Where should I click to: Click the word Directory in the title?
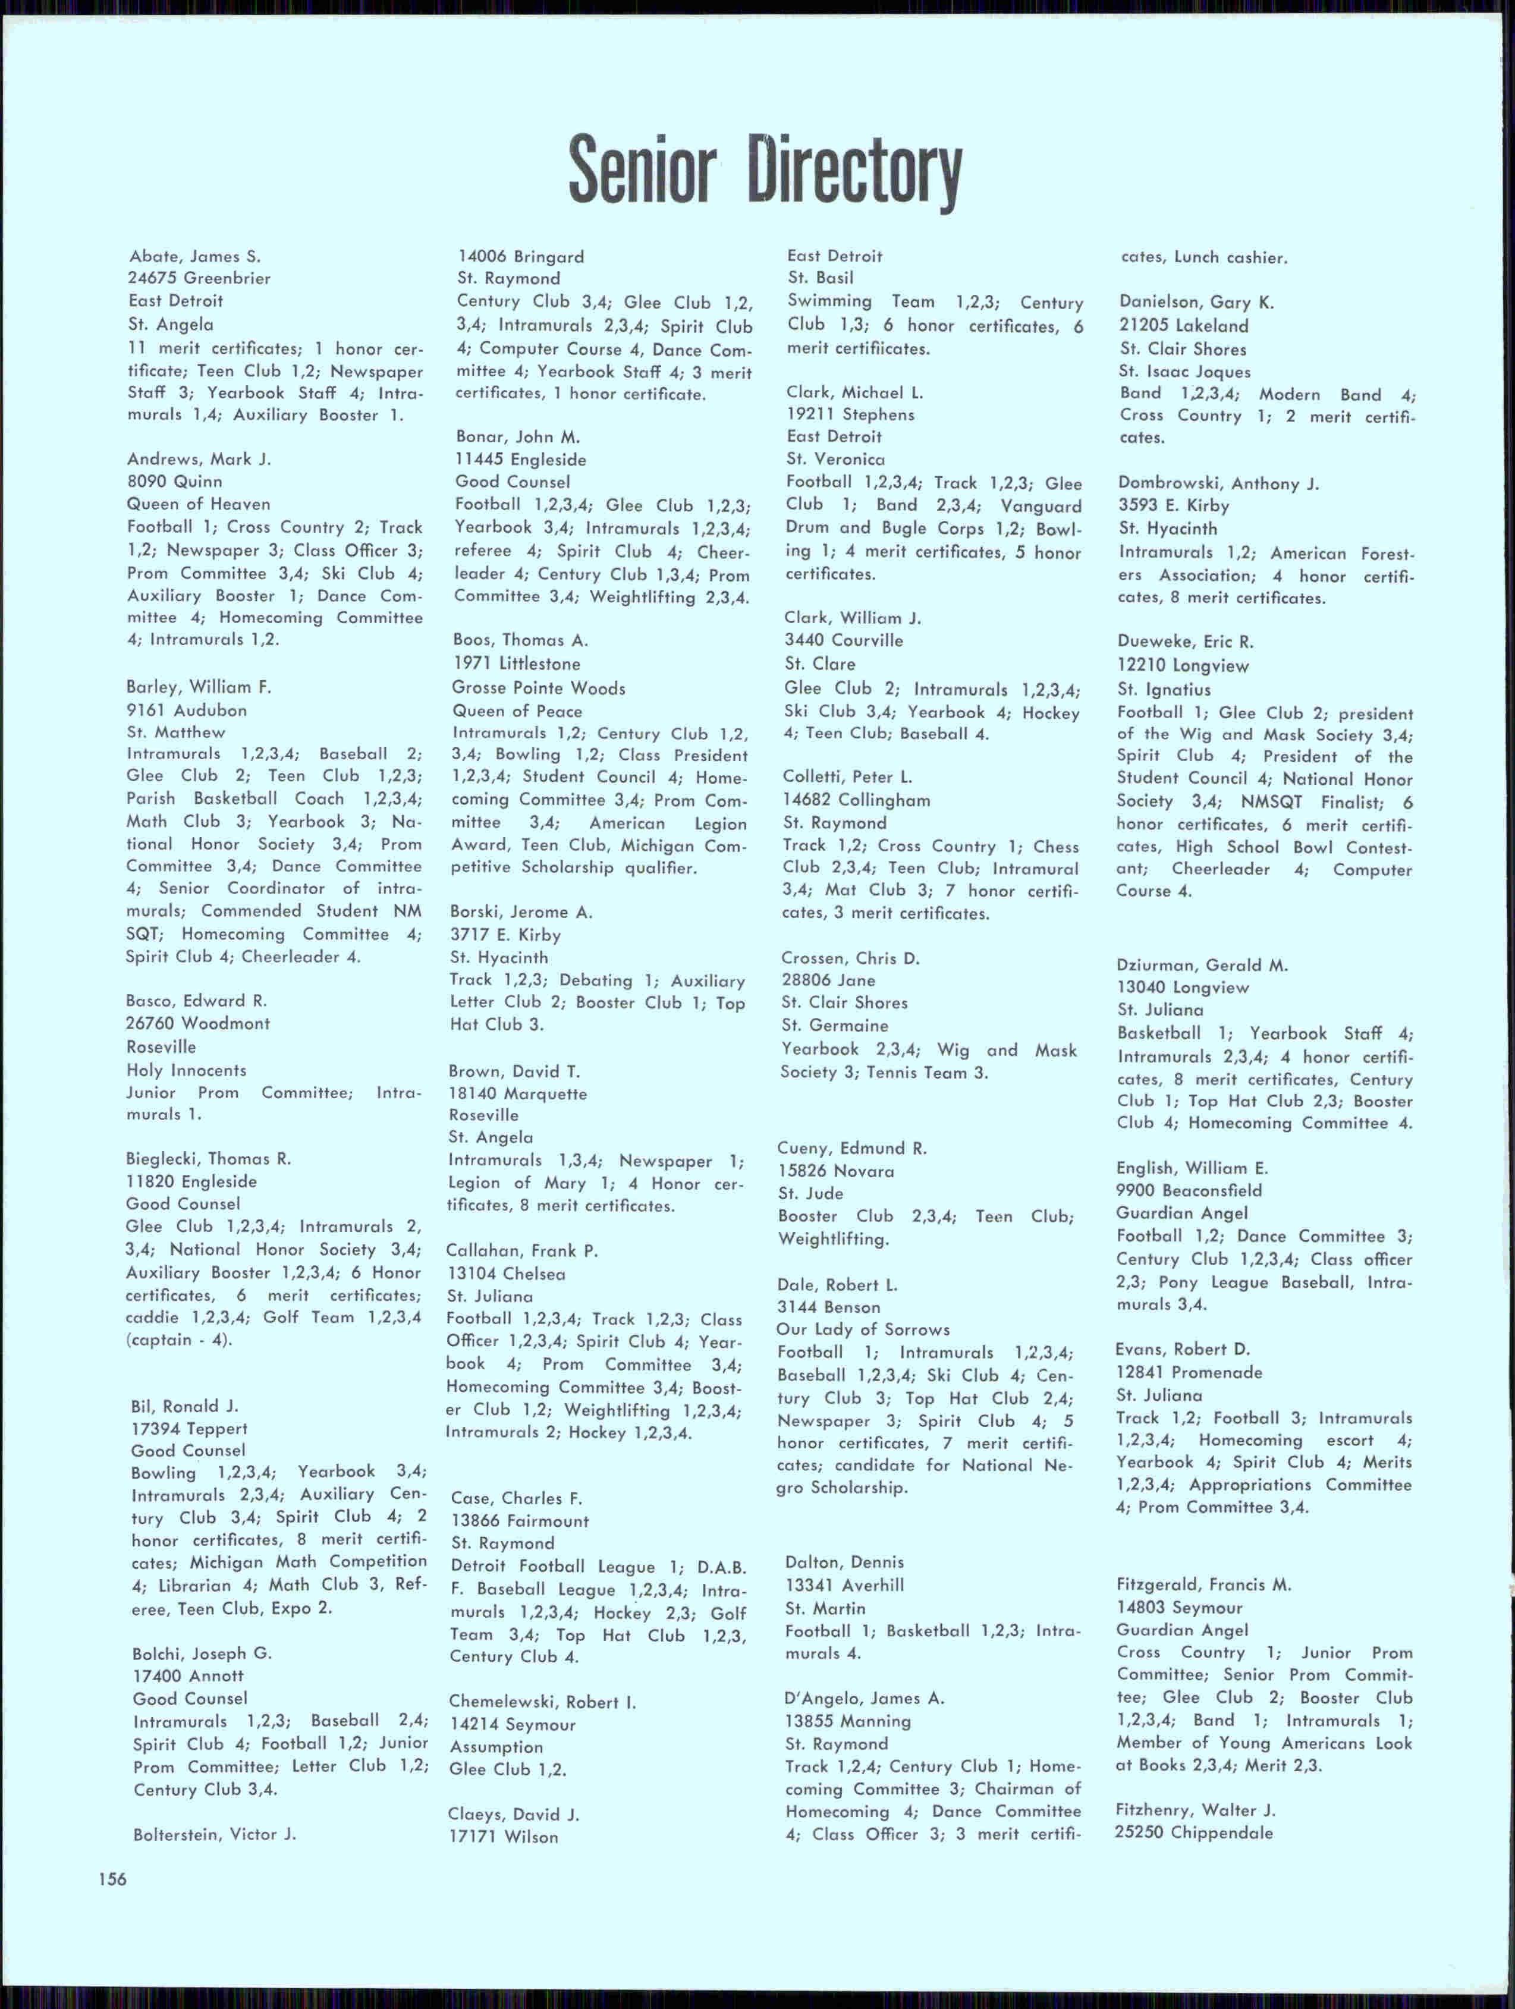pos(854,171)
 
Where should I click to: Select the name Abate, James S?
pos(195,256)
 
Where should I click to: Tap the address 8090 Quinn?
pos(174,482)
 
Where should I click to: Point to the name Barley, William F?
pos(199,687)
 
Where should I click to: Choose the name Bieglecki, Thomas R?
pos(209,1158)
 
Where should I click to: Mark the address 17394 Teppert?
pos(189,1429)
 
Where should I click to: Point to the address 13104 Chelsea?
pos(506,1274)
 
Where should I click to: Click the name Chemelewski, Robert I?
pos(542,1702)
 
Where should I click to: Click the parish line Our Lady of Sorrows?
pos(863,1329)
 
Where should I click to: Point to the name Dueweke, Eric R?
pos(1185,642)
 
